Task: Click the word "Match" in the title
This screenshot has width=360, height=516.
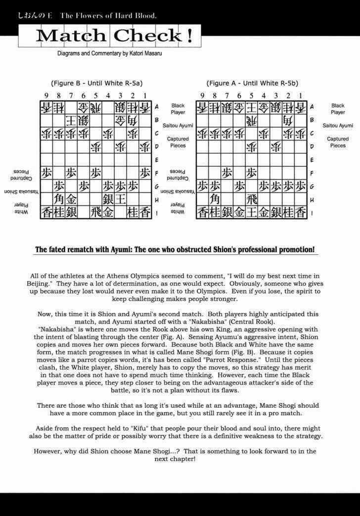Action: [70, 36]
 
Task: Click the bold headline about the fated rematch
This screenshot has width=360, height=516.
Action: [175, 249]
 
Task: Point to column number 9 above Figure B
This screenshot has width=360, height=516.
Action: [46, 95]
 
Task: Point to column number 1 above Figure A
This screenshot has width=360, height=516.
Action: [300, 95]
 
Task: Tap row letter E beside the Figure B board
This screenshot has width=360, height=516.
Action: [157, 160]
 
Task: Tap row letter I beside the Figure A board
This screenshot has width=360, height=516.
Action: [312, 213]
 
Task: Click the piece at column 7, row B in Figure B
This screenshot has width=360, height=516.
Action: [71, 120]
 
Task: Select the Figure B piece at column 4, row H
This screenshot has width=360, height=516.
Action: [108, 199]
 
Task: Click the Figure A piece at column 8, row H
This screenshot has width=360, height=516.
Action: [215, 199]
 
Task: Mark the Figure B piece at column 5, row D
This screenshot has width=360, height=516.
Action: [95, 147]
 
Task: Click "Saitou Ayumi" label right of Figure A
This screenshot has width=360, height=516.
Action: [338, 126]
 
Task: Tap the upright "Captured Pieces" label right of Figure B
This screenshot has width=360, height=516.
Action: [178, 142]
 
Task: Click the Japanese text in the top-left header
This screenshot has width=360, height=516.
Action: [35, 15]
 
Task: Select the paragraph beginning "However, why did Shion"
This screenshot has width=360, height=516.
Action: [175, 455]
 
